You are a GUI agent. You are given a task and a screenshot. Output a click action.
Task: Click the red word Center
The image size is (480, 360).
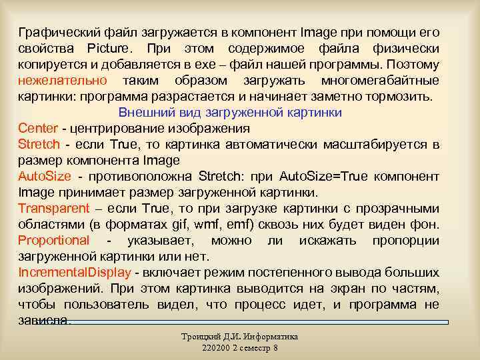pos(38,129)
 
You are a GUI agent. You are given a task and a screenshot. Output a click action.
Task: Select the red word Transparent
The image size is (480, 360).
pos(53,209)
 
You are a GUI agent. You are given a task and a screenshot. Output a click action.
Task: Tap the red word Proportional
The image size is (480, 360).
pos(53,241)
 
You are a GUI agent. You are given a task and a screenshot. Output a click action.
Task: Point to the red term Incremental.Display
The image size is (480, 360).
pos(75,273)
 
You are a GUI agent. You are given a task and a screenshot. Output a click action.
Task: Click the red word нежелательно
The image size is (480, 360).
pos(63,81)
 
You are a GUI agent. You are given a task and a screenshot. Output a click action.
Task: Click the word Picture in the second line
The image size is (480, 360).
pos(109,49)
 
